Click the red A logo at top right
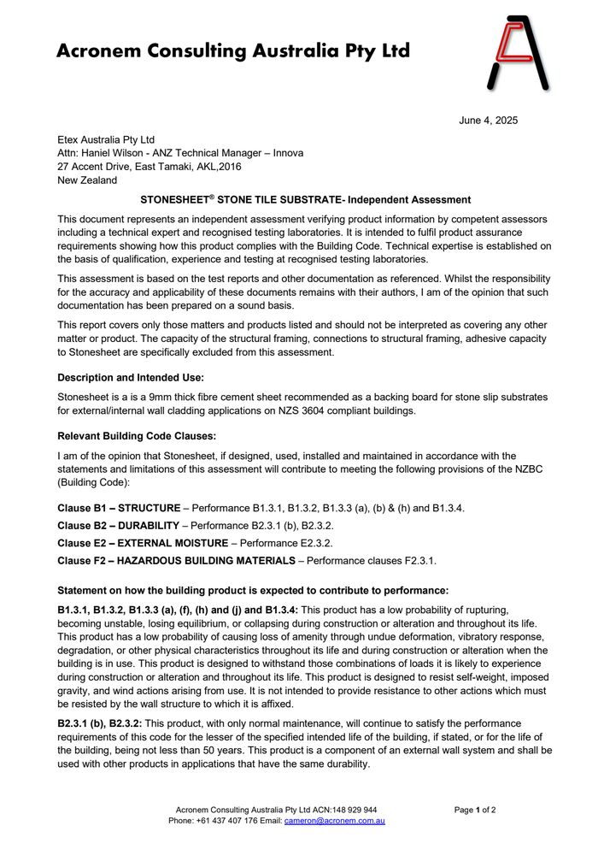pyautogui.click(x=518, y=53)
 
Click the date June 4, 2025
pyautogui.click(x=488, y=121)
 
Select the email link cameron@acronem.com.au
pyautogui.click(x=334, y=821)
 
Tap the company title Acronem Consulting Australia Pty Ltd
pyautogui.click(x=232, y=51)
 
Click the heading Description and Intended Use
pyautogui.click(x=130, y=377)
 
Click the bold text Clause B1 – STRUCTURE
pyautogui.click(x=119, y=508)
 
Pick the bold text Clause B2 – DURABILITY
pyautogui.click(x=118, y=525)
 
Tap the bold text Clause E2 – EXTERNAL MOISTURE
pyautogui.click(x=143, y=543)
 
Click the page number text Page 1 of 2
pyautogui.click(x=475, y=810)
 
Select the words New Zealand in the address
pyautogui.click(x=87, y=180)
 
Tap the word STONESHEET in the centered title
pyautogui.click(x=179, y=200)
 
